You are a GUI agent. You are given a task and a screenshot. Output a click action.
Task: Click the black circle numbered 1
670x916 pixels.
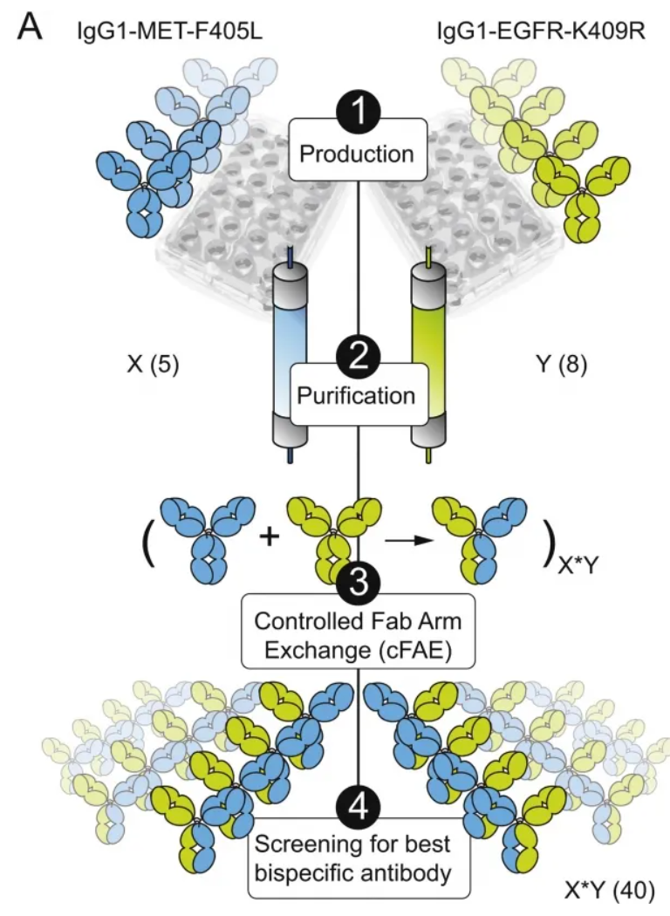tap(358, 111)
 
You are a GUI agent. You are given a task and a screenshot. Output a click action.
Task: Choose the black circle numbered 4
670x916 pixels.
tap(358, 808)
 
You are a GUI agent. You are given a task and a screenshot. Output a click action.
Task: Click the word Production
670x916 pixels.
tap(357, 154)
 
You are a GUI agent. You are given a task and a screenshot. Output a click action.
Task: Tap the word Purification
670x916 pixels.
tap(356, 395)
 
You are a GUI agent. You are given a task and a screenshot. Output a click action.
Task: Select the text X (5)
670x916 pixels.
tap(153, 365)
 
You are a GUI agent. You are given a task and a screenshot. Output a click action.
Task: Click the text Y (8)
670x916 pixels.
tap(561, 365)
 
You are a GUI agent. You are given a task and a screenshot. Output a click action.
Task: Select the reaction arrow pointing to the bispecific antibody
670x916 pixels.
tap(408, 540)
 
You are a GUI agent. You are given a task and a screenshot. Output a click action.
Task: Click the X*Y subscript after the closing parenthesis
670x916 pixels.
tap(578, 566)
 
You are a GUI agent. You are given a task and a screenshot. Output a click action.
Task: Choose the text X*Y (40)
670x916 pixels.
tap(610, 891)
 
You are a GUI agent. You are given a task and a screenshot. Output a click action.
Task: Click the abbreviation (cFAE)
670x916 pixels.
tap(416, 650)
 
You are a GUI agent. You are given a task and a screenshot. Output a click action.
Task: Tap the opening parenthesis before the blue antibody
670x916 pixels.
tap(148, 543)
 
